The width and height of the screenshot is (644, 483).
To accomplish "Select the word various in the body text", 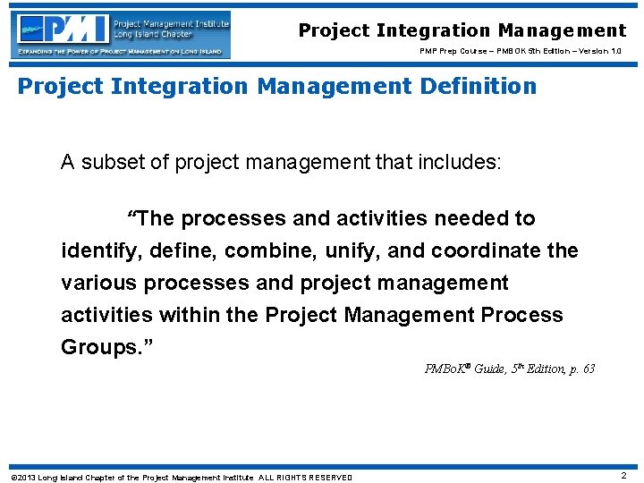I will [x=96, y=283].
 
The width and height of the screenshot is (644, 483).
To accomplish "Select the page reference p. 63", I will [x=582, y=369].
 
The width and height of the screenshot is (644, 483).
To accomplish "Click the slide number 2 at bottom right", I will [x=623, y=476].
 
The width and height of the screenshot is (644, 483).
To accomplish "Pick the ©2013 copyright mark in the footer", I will [x=22, y=477].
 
